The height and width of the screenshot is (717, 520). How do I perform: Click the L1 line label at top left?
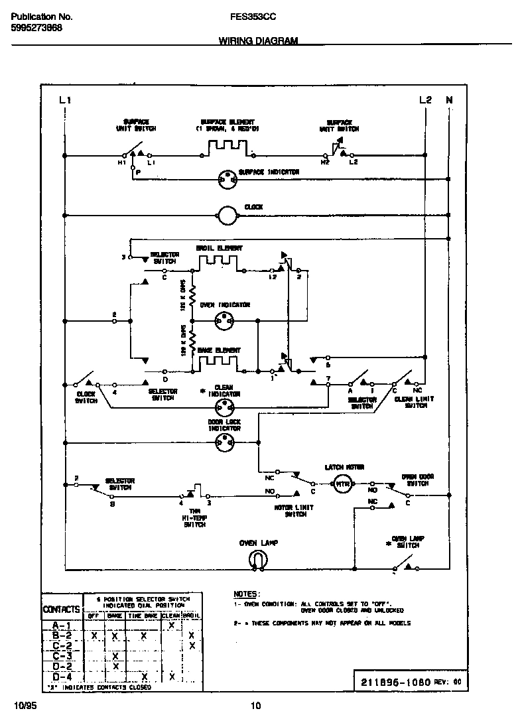point(64,100)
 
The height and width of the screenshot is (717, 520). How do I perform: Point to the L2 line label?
point(425,100)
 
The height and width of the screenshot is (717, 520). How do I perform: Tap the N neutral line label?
point(449,100)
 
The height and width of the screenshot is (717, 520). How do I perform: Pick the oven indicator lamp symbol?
point(222,321)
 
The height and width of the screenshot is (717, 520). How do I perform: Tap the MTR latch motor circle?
point(342,484)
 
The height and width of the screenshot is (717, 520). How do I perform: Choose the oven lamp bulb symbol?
point(258,561)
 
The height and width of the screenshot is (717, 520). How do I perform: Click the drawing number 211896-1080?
point(397,681)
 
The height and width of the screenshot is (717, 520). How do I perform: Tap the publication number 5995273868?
point(38,29)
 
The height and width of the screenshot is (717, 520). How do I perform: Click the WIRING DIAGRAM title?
point(258,40)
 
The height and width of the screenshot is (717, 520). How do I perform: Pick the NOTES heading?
point(247,594)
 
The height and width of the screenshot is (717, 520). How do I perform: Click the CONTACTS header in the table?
point(62,609)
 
